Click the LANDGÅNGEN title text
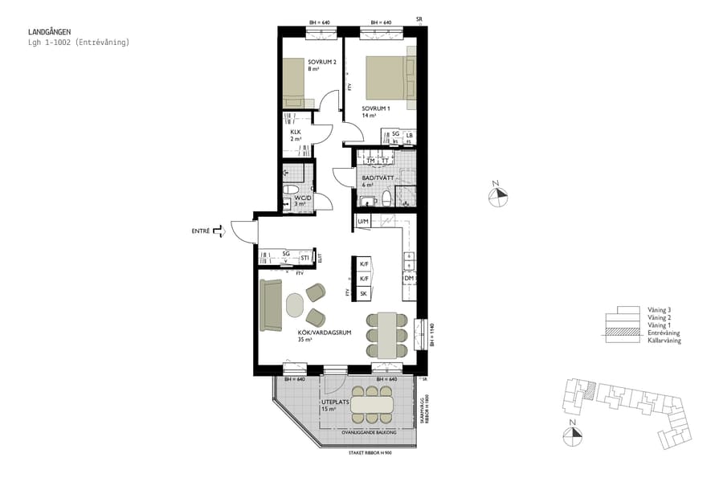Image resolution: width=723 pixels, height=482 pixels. [x=49, y=32]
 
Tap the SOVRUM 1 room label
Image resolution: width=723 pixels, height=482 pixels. [x=375, y=108]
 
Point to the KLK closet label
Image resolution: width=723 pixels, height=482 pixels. [x=296, y=132]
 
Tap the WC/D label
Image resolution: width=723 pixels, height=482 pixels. [x=302, y=197]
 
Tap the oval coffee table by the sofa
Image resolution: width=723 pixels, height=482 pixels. [x=295, y=306]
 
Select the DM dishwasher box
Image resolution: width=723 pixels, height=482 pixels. [x=409, y=278]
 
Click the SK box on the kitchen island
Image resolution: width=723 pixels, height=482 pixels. [x=363, y=294]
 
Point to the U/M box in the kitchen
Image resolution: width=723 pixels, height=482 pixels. [x=363, y=221]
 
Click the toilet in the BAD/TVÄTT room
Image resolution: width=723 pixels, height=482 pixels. [x=386, y=198]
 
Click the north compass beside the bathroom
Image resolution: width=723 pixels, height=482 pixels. [x=497, y=194]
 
